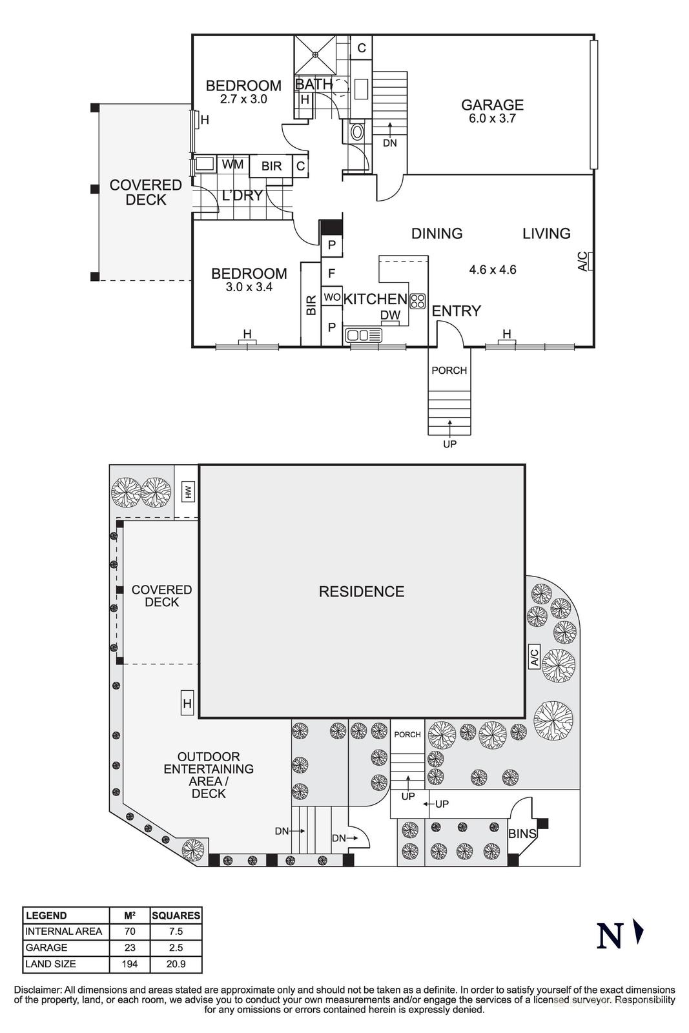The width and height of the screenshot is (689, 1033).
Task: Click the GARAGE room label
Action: coord(491,105)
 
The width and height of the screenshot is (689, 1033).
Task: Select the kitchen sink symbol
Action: coord(364,335)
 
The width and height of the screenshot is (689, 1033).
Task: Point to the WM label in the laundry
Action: coord(232,165)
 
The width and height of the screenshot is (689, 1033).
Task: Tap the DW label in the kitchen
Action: coord(390,315)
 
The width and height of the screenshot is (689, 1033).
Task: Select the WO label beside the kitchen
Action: coord(331,297)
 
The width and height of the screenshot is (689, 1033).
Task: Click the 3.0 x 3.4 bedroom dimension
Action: coord(249,287)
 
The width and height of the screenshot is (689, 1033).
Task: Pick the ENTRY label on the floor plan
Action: coord(456,311)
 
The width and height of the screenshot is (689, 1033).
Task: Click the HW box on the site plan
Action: coord(188,492)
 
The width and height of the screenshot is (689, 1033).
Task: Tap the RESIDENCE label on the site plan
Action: coord(361,591)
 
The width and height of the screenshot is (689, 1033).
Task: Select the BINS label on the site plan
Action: coord(522,834)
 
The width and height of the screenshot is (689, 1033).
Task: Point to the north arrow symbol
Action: coord(639,932)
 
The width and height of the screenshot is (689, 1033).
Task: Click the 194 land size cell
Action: coord(129,964)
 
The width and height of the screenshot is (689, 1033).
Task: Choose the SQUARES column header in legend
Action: coord(176,915)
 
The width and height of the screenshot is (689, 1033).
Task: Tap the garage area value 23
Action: coord(129,948)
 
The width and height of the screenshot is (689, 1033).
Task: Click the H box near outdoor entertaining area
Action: coord(187,703)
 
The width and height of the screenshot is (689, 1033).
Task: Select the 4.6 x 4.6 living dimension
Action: coord(492,270)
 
